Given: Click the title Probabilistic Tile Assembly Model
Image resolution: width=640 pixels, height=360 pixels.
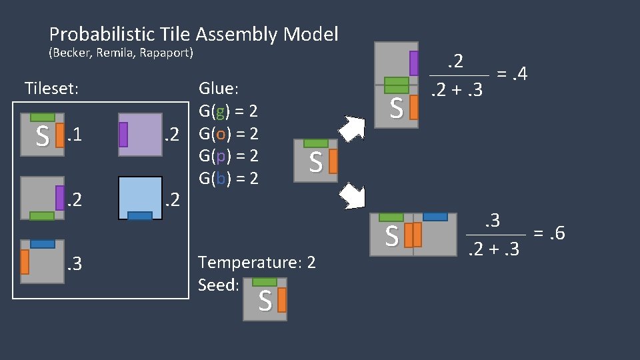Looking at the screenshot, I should point(193,34).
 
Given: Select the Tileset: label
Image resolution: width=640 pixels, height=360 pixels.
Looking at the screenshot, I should point(51,88).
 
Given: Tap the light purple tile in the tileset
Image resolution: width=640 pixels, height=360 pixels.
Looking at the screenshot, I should point(140,134).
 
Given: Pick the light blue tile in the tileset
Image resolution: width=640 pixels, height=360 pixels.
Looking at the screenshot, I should point(140,197).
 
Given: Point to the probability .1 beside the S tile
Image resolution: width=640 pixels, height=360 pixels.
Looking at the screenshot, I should point(75,137).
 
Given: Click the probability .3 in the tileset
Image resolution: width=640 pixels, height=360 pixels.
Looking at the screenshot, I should point(75,265).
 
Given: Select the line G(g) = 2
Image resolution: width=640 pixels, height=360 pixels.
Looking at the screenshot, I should point(228,111).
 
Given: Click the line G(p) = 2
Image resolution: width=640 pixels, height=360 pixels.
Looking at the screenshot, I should point(228,156).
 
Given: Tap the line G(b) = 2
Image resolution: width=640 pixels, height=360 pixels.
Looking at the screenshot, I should point(228,178).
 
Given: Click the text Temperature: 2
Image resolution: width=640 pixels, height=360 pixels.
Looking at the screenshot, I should point(257,263).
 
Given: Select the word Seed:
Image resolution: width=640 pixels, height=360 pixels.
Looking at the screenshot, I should point(219,285).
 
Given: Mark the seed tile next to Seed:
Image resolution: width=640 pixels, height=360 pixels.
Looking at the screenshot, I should point(265,299).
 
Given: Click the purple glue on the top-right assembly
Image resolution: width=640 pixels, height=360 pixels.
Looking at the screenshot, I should point(414,63).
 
